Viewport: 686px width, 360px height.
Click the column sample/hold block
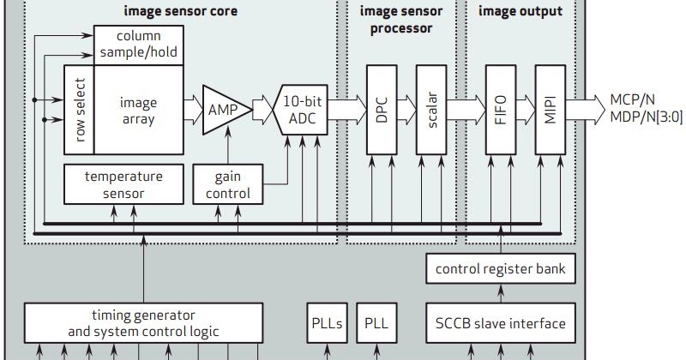pos(137,45)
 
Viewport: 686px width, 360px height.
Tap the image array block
pos(137,110)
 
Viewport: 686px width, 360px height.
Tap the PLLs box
pos(326,323)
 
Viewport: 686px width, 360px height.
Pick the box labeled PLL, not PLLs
pos(376,323)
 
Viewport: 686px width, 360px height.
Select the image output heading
pos(521,11)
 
